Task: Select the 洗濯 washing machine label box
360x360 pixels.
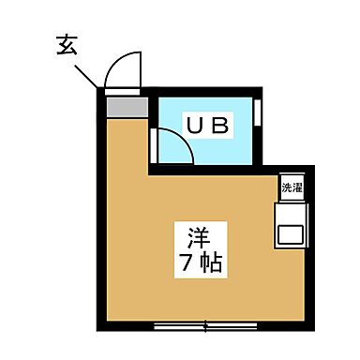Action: click(x=290, y=187)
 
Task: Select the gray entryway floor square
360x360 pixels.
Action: click(x=126, y=106)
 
